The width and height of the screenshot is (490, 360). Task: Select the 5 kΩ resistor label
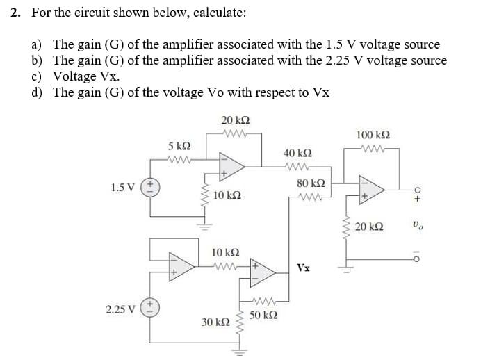179,147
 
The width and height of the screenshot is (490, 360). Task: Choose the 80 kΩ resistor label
307,184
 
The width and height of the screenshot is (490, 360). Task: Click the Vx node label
303,268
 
